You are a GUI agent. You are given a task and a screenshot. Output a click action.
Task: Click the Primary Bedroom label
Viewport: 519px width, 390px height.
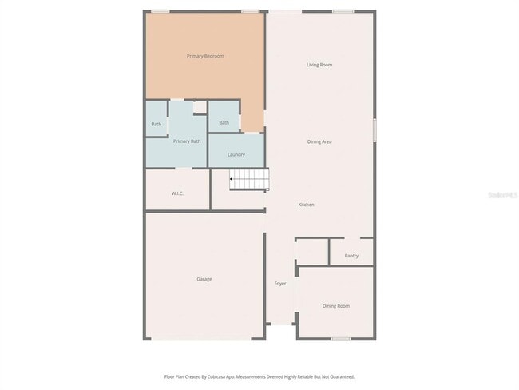click(205, 56)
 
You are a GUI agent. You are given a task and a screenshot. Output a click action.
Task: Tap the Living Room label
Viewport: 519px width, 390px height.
click(319, 65)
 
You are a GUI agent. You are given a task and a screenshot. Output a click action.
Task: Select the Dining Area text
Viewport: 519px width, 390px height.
click(319, 141)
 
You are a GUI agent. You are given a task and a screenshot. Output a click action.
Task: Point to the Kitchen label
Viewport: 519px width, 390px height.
click(306, 205)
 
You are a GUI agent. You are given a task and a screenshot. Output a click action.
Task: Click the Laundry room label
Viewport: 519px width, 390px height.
click(236, 154)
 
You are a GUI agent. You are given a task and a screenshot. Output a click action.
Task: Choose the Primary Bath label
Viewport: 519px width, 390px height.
click(187, 141)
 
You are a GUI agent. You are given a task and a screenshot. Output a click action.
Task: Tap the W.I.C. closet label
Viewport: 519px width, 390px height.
click(178, 193)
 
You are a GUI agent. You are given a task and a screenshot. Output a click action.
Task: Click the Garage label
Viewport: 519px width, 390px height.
click(204, 279)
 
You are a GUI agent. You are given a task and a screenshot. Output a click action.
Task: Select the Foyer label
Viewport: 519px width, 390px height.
click(280, 284)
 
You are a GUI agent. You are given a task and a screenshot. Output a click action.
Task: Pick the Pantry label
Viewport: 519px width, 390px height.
click(351, 256)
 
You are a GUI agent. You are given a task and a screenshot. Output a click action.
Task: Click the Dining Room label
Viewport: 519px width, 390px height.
click(335, 306)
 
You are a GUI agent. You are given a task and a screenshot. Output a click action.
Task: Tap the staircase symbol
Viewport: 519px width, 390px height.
click(249, 180)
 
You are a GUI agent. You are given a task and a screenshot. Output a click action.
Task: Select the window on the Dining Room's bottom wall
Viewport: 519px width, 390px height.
click(341, 339)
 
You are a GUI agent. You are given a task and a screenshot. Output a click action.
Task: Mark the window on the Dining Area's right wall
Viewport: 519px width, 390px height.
click(374, 129)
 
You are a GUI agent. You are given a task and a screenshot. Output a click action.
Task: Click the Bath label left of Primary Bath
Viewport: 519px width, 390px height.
click(156, 124)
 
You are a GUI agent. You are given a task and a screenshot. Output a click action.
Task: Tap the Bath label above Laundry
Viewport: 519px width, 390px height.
click(224, 122)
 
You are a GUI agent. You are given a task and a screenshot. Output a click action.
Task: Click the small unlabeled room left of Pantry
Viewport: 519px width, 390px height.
click(312, 253)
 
